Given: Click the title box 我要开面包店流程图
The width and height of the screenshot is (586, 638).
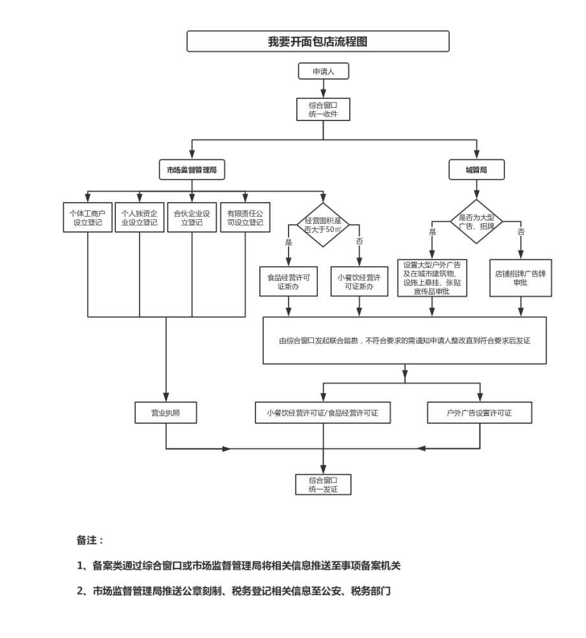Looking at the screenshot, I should click(317, 41).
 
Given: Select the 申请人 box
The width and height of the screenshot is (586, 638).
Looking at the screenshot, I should click(324, 72).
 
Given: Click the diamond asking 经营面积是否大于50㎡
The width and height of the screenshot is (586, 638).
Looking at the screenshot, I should click(324, 224).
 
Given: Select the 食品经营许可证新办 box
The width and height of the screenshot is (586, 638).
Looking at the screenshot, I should click(288, 282).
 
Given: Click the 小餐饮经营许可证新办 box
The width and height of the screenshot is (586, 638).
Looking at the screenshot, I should click(359, 282).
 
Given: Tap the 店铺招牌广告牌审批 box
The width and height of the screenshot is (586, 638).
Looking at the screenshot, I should click(521, 278).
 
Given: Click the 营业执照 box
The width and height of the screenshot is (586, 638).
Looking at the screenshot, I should click(166, 413).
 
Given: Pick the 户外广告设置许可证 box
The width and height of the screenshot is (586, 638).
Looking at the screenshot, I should click(479, 413).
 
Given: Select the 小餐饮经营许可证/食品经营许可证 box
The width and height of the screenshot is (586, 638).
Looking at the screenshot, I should click(322, 413).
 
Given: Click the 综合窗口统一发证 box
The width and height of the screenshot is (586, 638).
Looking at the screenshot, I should click(323, 484).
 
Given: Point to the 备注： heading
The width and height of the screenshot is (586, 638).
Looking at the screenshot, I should click(90, 540).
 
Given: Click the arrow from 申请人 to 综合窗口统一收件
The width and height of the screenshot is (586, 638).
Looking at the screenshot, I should click(324, 89).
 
